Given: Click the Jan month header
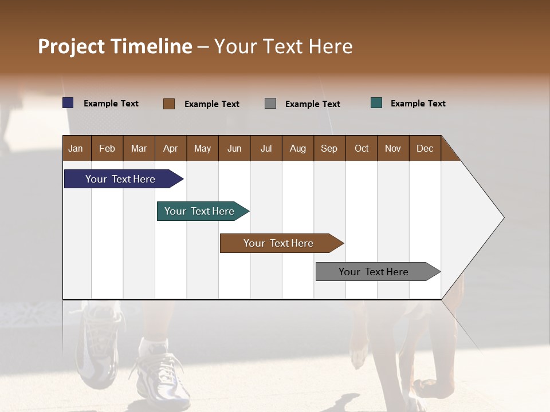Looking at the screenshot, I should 76,148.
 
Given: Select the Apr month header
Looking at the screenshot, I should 170,148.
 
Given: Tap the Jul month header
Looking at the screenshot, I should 266,148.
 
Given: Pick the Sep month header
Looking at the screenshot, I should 329,148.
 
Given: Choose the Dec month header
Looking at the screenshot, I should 425,148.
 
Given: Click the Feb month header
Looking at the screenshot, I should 107,148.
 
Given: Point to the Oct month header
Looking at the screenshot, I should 362,148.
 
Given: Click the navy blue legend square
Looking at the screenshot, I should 68,103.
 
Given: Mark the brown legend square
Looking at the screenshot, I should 169,104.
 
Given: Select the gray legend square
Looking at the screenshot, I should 270,104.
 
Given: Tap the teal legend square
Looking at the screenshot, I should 376,103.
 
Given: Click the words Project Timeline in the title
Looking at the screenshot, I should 115,46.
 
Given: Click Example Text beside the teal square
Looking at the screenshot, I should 418,104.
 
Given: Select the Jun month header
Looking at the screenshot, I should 234,148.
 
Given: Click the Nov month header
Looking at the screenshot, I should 393,148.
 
